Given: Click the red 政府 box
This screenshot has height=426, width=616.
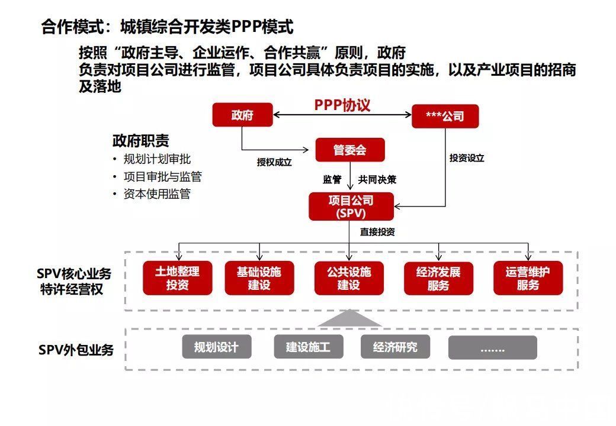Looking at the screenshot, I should pyautogui.click(x=243, y=115).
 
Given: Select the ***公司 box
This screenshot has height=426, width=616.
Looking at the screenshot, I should pyautogui.click(x=445, y=116).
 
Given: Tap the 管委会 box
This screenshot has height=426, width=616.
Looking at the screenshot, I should pyautogui.click(x=350, y=150).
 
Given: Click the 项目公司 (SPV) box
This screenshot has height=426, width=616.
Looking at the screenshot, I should pyautogui.click(x=351, y=206).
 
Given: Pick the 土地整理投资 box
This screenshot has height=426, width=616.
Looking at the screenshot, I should pyautogui.click(x=177, y=278).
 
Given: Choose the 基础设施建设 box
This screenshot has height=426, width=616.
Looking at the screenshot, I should pyautogui.click(x=259, y=278).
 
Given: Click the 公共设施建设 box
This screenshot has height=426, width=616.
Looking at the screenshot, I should pyautogui.click(x=349, y=278).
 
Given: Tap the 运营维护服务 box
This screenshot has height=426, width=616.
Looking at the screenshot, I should pyautogui.click(x=528, y=278).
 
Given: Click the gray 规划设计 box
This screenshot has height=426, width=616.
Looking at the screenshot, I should pyautogui.click(x=216, y=347).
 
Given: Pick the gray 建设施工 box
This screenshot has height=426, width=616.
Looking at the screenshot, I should pyautogui.click(x=308, y=347).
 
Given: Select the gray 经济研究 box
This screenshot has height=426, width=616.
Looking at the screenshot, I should pyautogui.click(x=395, y=347).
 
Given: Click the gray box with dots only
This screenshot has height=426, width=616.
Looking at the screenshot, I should pyautogui.click(x=492, y=348).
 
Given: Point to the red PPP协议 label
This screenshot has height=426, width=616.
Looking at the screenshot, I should pyautogui.click(x=342, y=105).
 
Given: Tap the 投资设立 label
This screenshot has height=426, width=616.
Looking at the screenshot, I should pyautogui.click(x=467, y=158).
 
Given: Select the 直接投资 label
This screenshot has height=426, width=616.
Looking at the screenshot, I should pyautogui.click(x=377, y=232).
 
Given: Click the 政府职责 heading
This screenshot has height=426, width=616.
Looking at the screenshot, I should pyautogui.click(x=140, y=141).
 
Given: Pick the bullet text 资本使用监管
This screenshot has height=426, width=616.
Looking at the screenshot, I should pyautogui.click(x=157, y=194).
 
